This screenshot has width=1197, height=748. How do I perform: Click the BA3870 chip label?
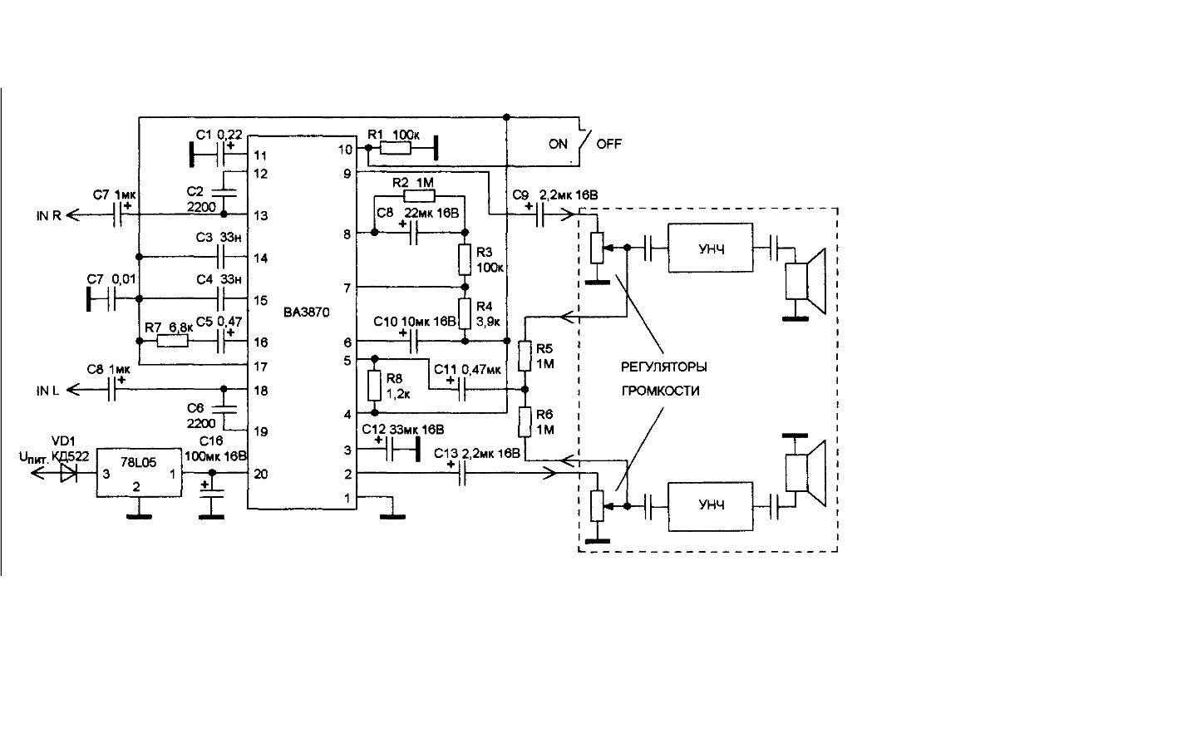click(x=307, y=312)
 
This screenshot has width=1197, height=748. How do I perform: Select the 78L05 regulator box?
click(x=139, y=473)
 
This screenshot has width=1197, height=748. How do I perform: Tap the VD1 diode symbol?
click(x=68, y=473)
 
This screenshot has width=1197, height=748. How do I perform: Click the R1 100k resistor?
click(x=396, y=148)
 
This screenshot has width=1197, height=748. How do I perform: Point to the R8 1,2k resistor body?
click(x=375, y=386)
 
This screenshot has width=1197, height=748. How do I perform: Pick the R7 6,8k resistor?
click(x=173, y=341)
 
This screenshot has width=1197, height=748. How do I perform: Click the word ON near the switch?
click(x=558, y=145)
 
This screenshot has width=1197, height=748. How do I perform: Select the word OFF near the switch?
click(x=608, y=145)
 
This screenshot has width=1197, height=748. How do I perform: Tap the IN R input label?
click(x=48, y=216)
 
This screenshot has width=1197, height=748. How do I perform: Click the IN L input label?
click(x=47, y=391)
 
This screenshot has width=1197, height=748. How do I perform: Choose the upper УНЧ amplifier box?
click(x=710, y=248)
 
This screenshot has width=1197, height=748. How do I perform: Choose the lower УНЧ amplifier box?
click(x=710, y=506)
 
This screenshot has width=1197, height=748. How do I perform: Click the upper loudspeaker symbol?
click(x=805, y=281)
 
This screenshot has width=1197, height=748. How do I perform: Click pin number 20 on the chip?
click(x=261, y=474)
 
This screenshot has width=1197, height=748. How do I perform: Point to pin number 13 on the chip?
click(x=261, y=216)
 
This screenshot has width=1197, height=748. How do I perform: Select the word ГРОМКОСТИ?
click(x=661, y=391)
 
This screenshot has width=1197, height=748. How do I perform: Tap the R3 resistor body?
click(x=465, y=259)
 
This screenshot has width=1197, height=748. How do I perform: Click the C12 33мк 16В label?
click(x=403, y=430)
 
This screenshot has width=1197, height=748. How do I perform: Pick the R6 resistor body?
click(x=525, y=422)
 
